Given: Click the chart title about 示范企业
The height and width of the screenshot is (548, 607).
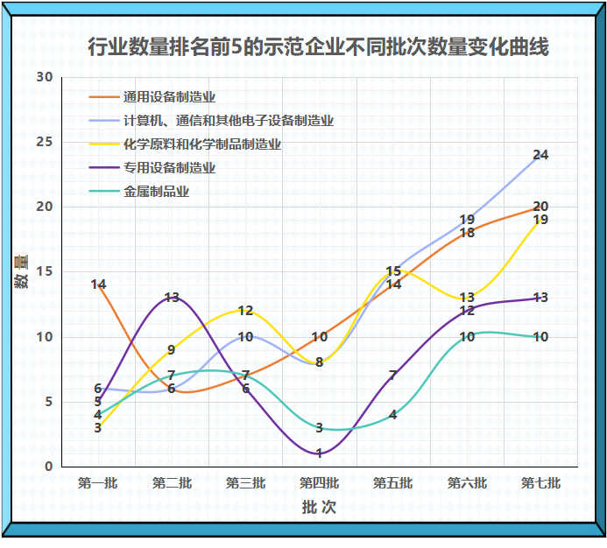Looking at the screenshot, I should (x=319, y=46).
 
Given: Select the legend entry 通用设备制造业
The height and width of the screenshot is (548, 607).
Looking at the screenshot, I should (x=169, y=97).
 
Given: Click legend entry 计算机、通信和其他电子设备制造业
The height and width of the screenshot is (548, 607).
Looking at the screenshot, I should (x=228, y=121).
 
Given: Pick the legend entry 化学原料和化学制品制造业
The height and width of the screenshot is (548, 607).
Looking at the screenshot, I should (x=201, y=144).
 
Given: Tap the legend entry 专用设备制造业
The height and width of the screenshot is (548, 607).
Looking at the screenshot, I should (x=169, y=168).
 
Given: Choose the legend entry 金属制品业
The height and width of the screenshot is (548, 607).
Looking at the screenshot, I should (x=156, y=192).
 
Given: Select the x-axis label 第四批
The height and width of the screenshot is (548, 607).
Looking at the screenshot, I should (x=319, y=482).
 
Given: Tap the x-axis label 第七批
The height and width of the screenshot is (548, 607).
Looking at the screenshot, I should (x=540, y=482).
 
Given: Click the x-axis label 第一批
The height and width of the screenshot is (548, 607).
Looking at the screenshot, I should (x=97, y=482).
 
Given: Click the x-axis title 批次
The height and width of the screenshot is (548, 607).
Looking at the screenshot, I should (x=319, y=508).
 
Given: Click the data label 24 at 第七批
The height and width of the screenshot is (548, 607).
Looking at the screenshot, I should (x=540, y=155).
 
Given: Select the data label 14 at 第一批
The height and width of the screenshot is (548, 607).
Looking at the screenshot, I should (x=98, y=285).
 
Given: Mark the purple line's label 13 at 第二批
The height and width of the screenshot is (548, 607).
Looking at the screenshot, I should (x=172, y=298).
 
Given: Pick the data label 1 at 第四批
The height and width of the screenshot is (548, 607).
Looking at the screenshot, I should (x=319, y=453).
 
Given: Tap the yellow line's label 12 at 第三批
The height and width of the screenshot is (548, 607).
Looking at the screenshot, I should (x=245, y=311).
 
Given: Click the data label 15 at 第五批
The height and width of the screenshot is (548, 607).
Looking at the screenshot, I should (x=393, y=272).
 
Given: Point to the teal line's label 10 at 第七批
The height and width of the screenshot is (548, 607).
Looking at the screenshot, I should (x=540, y=337).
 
